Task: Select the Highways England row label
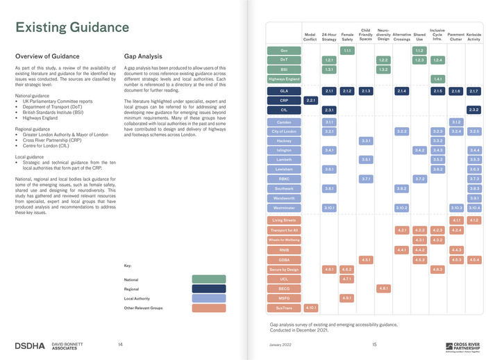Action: [x=283, y=79]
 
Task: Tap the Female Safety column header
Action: [x=347, y=37]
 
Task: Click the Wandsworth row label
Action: [x=283, y=198]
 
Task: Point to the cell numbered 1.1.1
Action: [x=347, y=51]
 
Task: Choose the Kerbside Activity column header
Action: [x=474, y=37]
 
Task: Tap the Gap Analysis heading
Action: [x=143, y=56]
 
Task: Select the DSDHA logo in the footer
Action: [x=31, y=345]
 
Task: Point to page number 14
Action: [x=120, y=344]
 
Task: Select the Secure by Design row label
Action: [x=283, y=269]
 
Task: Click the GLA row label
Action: [x=283, y=91]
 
